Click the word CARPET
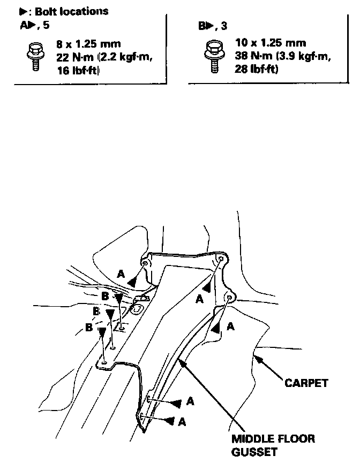306,383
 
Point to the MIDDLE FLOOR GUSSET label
273,445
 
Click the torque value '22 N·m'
75,57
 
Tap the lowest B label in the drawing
88,328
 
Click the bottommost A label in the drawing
182,422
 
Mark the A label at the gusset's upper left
121,274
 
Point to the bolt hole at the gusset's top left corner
145,264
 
